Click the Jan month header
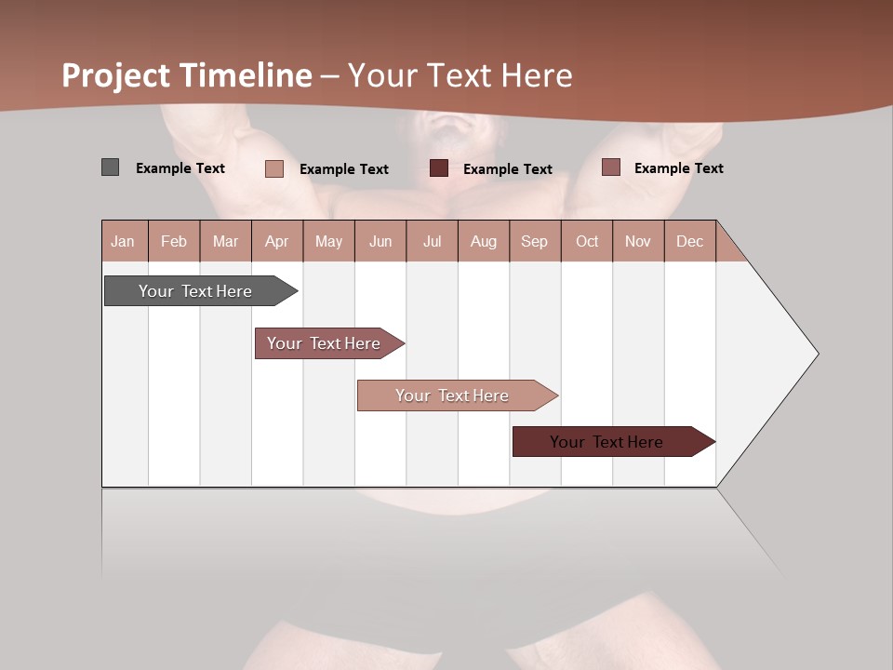(124, 241)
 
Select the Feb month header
(174, 241)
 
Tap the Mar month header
(225, 241)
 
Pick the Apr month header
(277, 241)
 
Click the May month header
(328, 241)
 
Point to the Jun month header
(380, 241)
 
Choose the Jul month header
(432, 241)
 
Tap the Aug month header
(484, 241)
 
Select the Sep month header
(535, 241)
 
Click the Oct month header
(587, 241)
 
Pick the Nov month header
(638, 241)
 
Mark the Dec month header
(690, 241)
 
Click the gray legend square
(110, 167)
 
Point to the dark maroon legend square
(439, 168)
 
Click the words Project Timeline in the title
(187, 75)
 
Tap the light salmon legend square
(274, 168)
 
